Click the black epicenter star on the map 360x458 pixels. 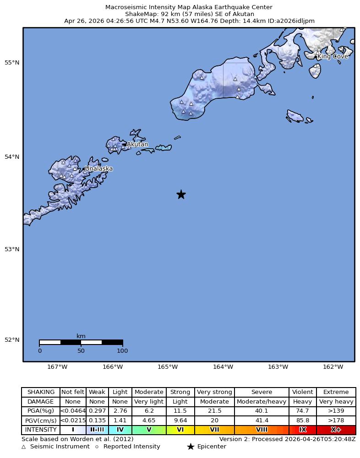181,194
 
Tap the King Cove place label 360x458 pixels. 333,57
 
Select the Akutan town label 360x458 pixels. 137,145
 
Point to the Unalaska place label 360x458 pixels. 99,169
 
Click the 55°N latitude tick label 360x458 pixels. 13,63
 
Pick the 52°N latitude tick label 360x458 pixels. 13,340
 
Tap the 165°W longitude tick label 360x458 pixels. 168,367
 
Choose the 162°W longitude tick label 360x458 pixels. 333,367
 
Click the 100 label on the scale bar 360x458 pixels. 122,351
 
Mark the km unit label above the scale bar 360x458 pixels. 81,336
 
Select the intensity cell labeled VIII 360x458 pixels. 262,430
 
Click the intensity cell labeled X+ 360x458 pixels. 336,430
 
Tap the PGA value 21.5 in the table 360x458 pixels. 214,411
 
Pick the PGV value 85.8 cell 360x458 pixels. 302,420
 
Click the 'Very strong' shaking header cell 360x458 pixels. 214,392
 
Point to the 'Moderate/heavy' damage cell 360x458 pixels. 262,402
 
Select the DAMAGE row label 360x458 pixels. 41,402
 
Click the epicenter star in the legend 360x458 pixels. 191,447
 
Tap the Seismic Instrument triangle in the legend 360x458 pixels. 24,447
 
